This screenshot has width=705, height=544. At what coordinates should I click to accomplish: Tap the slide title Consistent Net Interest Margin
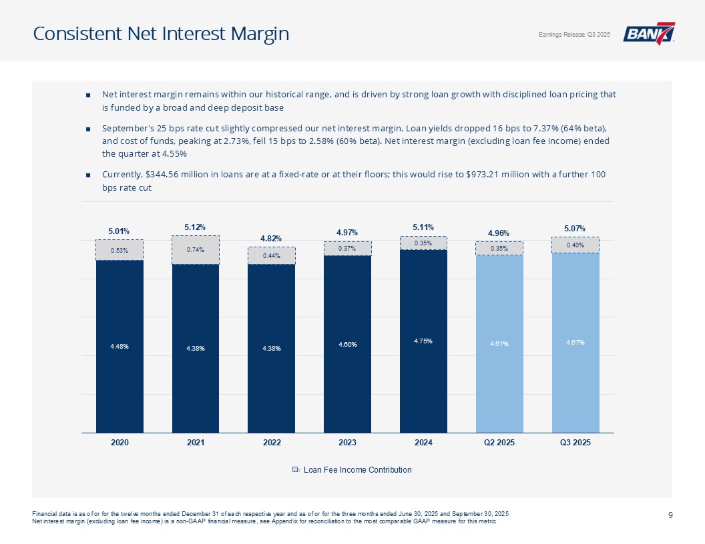tap(161, 33)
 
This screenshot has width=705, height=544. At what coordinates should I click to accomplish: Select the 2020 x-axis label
tap(120, 443)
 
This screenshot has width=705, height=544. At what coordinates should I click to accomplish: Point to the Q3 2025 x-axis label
tap(575, 443)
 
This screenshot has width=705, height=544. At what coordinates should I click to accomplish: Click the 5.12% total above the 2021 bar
tap(195, 227)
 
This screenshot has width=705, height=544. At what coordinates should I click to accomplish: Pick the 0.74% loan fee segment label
tap(195, 250)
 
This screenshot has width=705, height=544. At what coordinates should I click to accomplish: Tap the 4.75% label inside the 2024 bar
tap(423, 341)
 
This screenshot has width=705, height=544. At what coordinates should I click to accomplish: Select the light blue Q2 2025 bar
tap(499, 343)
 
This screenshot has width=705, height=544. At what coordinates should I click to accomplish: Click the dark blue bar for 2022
tap(271, 347)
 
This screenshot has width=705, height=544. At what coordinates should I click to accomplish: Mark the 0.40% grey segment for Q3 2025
tap(575, 245)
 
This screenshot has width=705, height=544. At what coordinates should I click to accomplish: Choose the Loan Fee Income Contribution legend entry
tap(352, 470)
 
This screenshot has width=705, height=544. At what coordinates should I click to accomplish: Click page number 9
tap(669, 514)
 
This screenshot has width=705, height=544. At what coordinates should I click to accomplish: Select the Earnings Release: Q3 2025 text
tap(574, 35)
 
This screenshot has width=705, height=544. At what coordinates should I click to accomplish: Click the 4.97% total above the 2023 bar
tap(347, 232)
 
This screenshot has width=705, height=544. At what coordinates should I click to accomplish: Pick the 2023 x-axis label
tap(347, 443)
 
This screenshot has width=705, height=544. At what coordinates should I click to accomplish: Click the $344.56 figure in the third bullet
tap(174, 175)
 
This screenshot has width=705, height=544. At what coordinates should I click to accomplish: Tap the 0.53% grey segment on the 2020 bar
tap(120, 251)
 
